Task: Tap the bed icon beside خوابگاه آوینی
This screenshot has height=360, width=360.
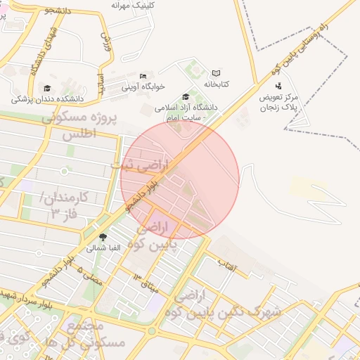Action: (143, 76)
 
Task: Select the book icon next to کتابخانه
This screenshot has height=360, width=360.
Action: (216, 73)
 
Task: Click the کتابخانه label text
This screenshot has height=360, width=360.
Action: (217, 84)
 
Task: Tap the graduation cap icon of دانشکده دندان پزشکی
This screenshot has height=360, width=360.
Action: (47, 88)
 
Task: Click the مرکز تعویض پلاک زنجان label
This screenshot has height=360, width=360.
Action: (279, 102)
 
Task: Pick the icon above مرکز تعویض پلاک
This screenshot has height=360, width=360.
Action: (279, 86)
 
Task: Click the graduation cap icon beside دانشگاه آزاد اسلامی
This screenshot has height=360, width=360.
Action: (186, 97)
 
